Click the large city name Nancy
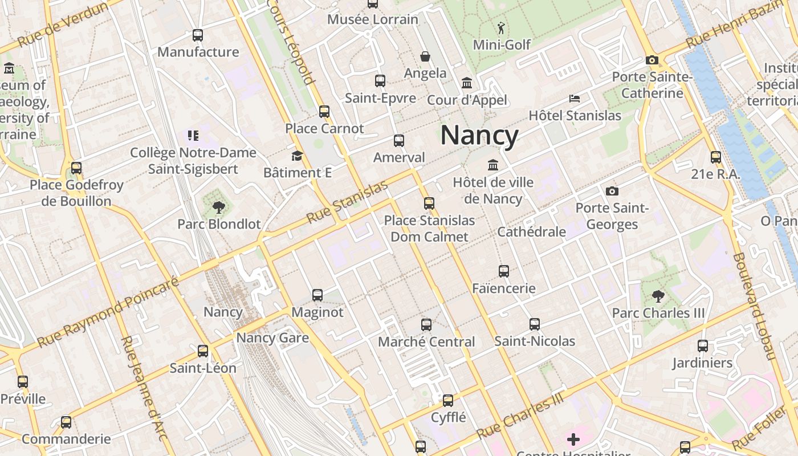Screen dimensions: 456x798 (x=479, y=136)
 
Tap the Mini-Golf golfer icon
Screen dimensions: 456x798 (x=501, y=28)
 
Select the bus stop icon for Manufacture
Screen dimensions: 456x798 (x=198, y=35)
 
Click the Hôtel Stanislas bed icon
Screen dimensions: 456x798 (x=575, y=99)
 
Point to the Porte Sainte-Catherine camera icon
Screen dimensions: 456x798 (x=652, y=60)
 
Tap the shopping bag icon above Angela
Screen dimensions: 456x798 (x=425, y=56)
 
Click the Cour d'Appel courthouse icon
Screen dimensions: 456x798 (x=467, y=83)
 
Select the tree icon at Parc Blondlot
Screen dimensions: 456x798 (x=218, y=207)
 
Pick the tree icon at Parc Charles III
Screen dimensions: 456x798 (x=658, y=296)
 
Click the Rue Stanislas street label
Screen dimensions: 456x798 (x=347, y=202)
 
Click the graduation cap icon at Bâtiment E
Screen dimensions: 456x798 (x=297, y=156)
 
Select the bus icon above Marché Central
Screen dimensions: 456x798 (x=426, y=325)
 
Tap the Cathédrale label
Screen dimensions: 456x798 (x=531, y=232)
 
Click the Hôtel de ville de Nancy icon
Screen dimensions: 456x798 (x=493, y=165)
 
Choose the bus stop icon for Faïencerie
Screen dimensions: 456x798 (x=504, y=271)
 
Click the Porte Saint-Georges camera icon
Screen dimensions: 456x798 (x=612, y=191)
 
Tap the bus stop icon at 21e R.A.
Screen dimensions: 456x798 (x=716, y=157)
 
